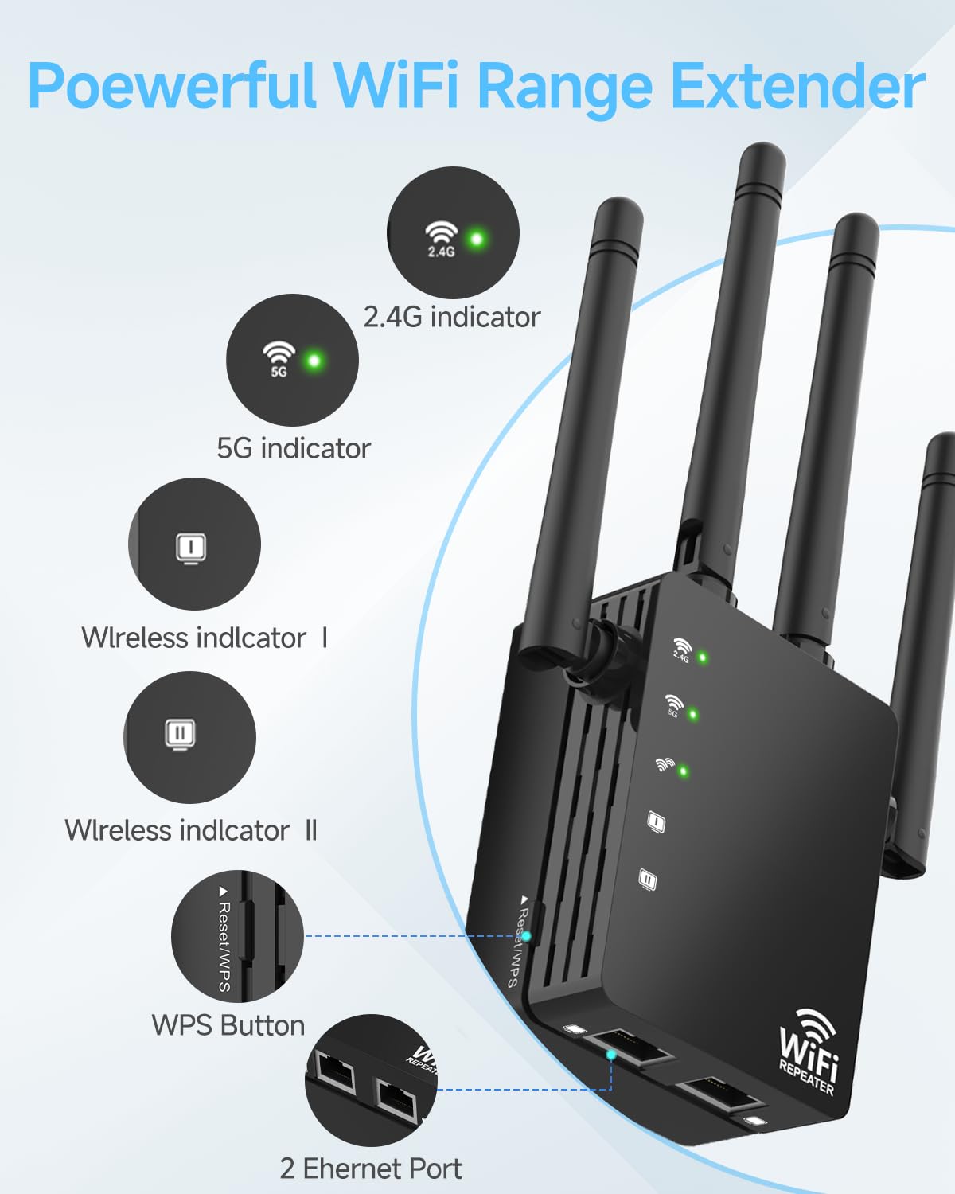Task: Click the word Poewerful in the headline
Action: [x=171, y=86]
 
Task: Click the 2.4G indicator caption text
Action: [x=451, y=317]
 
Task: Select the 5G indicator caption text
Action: [x=294, y=448]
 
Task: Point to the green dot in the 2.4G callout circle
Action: [x=476, y=238]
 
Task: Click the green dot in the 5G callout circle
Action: [x=314, y=361]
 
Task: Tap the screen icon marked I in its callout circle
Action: [x=191, y=548]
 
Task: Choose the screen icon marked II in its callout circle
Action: [x=181, y=733]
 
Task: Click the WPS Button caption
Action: [x=228, y=1025]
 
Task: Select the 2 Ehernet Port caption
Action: [x=370, y=1169]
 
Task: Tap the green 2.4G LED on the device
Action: [x=703, y=657]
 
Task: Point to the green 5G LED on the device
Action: [x=692, y=714]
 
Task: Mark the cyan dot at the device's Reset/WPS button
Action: [x=526, y=936]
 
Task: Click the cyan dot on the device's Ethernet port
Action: [x=611, y=1055]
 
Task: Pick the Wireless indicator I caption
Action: [x=204, y=638]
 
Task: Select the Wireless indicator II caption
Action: [x=190, y=830]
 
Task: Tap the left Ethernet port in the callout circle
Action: [x=335, y=1072]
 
